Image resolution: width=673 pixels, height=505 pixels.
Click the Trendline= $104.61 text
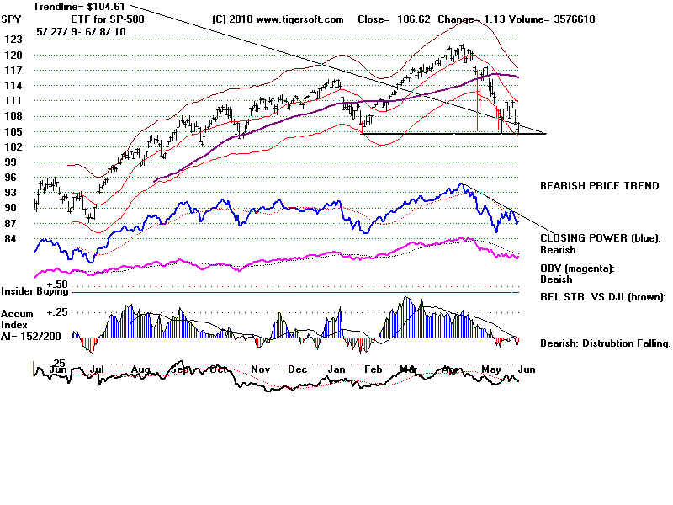pyautogui.click(x=70, y=6)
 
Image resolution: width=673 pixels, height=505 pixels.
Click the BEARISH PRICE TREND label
pyautogui.click(x=599, y=185)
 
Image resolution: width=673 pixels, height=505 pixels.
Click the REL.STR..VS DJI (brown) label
pyautogui.click(x=603, y=296)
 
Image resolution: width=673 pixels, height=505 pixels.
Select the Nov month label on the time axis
pyautogui.click(x=261, y=369)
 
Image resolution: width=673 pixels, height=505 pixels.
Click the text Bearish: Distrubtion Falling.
pyautogui.click(x=605, y=343)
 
